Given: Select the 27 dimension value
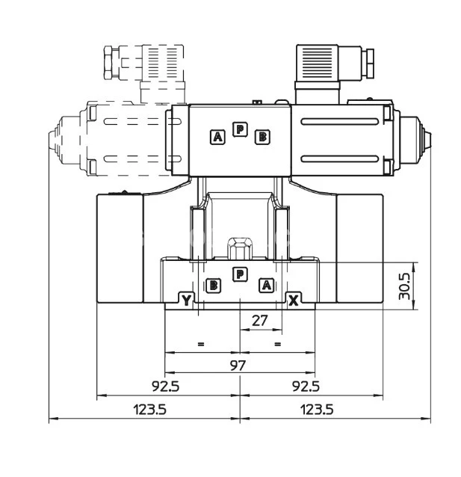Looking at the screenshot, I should pos(259,321).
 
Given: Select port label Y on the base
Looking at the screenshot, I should pos(187,301).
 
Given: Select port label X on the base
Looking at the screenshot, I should pos(294,301).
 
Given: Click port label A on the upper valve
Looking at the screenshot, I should pos(217,136).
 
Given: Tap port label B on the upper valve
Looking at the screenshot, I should pos(262,136).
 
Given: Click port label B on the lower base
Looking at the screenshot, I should pos(214,284).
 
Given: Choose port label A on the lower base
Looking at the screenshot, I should pos(265,284).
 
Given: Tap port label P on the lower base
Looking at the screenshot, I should pos(239,274).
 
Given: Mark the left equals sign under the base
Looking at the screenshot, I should pos(200,344).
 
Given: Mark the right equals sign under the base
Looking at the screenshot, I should pos(277,344).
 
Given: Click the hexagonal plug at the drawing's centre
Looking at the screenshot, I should pos(239,247).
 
